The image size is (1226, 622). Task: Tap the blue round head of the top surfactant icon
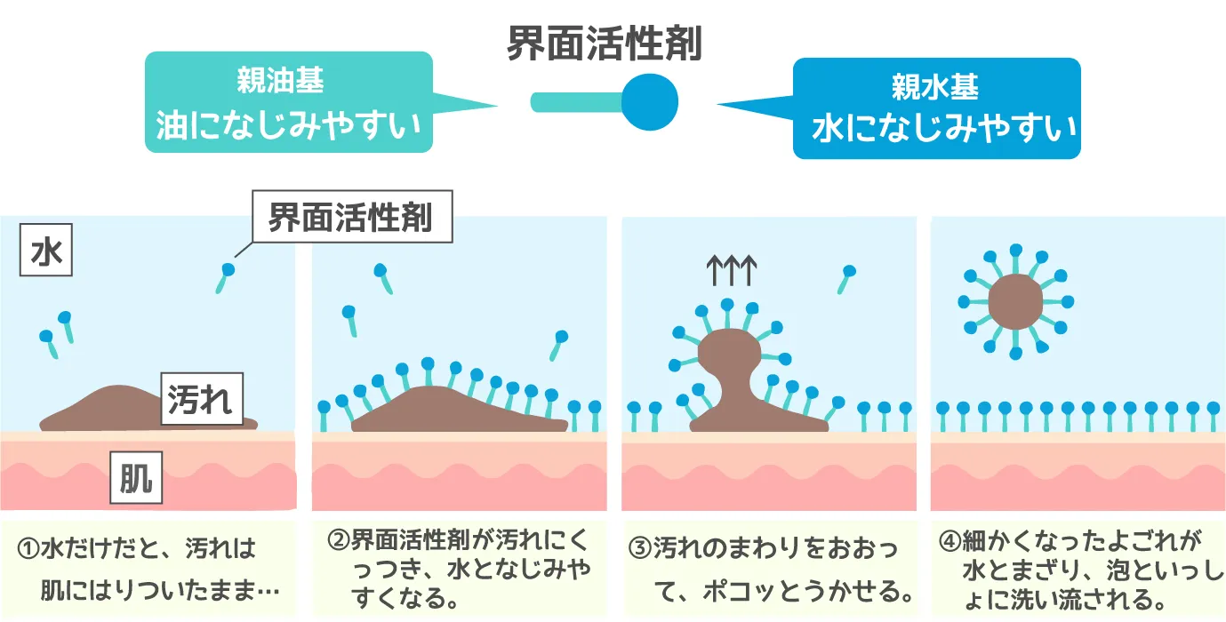click(649, 100)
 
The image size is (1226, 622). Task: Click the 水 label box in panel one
click(45, 254)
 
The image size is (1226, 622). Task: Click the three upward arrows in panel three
click(730, 270)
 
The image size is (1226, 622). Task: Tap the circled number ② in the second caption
click(338, 539)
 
